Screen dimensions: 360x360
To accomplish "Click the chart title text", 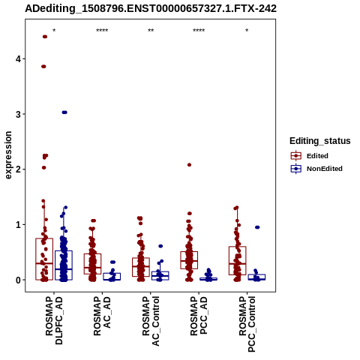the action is [151, 8].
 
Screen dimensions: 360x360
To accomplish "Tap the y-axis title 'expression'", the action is [8, 155].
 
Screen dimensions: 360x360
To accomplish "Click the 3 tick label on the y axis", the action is [18, 114].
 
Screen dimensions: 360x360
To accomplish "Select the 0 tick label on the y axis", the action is [18, 280].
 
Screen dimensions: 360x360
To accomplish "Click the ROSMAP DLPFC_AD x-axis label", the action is [54, 320].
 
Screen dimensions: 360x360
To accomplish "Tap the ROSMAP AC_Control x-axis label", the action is [151, 321].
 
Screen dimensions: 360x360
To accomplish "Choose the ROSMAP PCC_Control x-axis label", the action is [247, 324].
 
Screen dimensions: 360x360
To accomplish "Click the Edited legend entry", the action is [310, 156].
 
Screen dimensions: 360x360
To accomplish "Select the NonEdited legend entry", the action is [316, 169].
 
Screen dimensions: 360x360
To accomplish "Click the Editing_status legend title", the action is [320, 141].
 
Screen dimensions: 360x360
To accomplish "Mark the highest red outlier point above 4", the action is [45, 37].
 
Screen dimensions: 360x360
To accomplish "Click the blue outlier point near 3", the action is [64, 112].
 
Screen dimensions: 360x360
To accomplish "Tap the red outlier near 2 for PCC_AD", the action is [189, 165].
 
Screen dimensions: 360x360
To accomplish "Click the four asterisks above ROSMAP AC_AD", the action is [102, 31].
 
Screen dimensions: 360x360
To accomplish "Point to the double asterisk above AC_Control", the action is [151, 31].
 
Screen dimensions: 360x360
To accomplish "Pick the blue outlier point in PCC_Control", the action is [257, 227].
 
